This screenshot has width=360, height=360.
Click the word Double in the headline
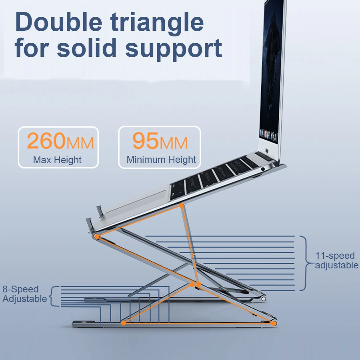(x=58, y=22)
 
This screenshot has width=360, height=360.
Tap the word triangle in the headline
(x=157, y=24)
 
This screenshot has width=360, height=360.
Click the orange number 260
(x=46, y=140)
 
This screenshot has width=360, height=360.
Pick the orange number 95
(x=145, y=140)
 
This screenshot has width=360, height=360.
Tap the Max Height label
(x=57, y=160)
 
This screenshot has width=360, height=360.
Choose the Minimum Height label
(x=161, y=159)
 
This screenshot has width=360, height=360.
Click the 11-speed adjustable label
(x=336, y=260)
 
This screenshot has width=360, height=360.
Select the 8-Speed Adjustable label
(x=24, y=294)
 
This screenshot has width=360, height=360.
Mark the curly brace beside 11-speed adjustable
(x=306, y=263)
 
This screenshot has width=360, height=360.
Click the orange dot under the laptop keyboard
(x=181, y=206)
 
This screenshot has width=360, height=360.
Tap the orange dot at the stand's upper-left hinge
(x=97, y=236)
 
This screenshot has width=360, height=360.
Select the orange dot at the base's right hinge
(x=274, y=323)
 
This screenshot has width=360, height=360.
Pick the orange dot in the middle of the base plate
(x=123, y=323)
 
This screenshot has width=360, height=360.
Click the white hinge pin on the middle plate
(x=264, y=299)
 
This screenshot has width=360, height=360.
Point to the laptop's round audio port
(x=263, y=169)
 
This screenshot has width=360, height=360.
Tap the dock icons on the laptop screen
(x=268, y=134)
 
